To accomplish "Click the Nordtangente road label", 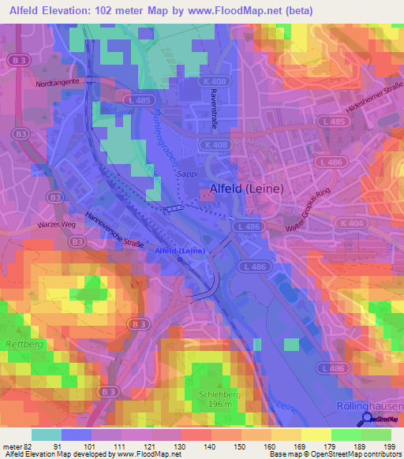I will click(x=58, y=81).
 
